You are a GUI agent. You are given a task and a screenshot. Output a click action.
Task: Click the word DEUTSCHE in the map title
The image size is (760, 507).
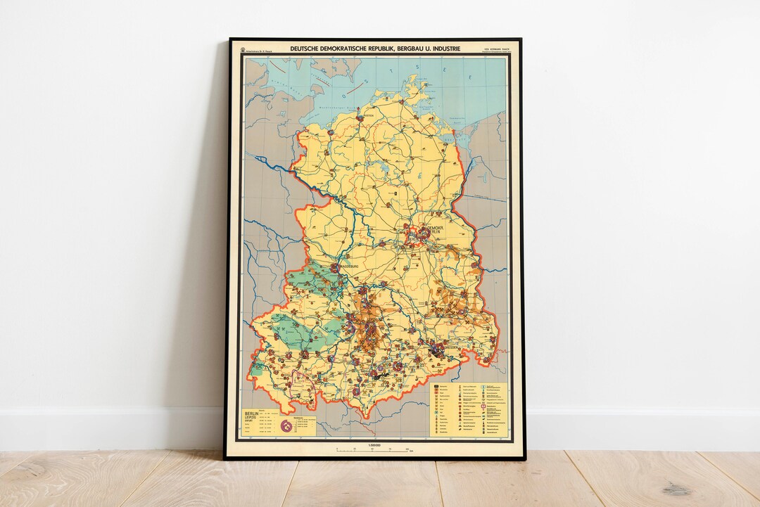(307, 49)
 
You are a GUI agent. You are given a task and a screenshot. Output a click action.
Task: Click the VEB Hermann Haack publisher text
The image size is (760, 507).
(493, 48)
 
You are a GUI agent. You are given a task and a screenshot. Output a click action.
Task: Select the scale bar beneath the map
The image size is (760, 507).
(374, 449)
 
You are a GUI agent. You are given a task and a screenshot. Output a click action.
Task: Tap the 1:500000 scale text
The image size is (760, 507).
(374, 444)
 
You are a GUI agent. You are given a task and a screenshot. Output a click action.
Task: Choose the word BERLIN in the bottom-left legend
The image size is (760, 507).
(250, 413)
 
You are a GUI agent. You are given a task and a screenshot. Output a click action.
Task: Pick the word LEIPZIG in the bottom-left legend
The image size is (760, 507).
(250, 419)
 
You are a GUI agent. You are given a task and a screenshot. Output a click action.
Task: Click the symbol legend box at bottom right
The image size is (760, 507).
(469, 407)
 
